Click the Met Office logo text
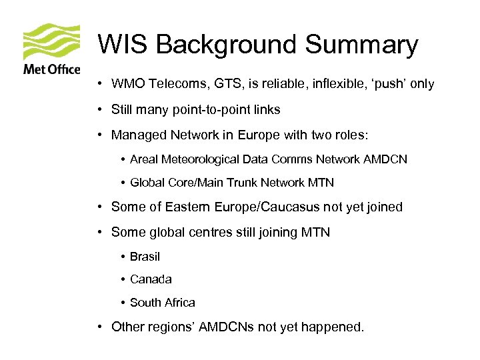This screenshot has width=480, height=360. pos(51,69)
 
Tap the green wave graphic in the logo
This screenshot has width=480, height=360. pos(52,42)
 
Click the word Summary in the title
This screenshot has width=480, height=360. pos(361,45)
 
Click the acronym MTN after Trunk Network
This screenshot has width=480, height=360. pos(321,182)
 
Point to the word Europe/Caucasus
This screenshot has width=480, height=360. pos(267,207)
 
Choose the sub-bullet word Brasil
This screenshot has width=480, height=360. pos(145,257)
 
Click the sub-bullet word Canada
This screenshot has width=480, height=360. pos(151,279)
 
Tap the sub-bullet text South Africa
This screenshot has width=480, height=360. pos(163,303)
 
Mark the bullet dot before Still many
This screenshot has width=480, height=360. pos(98,109)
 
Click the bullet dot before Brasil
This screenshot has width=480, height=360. pos(124,257)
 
